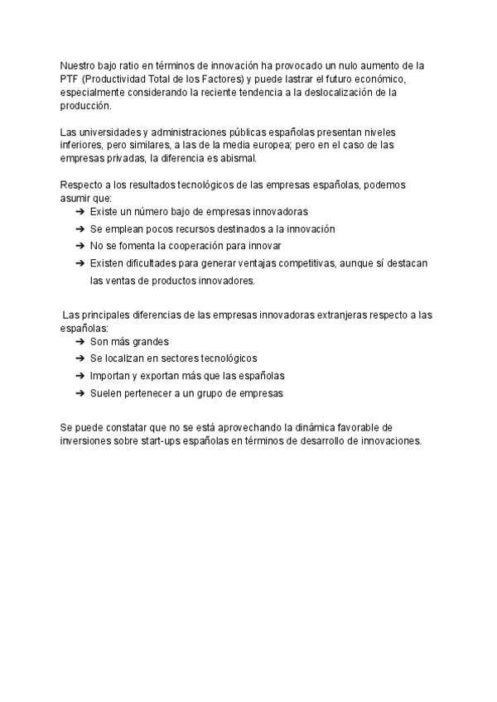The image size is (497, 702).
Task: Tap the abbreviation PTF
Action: coord(70,79)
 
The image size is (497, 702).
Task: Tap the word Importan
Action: coord(109,376)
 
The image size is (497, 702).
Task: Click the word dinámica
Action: coord(307,427)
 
